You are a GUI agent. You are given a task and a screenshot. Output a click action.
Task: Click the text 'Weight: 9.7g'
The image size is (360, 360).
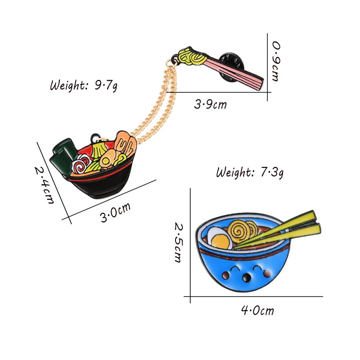pos(84,85)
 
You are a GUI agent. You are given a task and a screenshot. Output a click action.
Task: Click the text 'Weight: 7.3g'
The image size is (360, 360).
pos(250,171)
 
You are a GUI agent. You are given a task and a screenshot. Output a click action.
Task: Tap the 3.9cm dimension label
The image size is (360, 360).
pos(210,105)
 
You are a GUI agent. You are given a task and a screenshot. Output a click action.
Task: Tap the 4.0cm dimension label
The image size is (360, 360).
pos(257,310)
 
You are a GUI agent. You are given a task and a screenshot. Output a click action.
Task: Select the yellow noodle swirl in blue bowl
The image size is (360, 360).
pos(238,230)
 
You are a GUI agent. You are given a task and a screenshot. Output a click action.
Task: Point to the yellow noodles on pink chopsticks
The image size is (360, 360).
pos(191,57)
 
